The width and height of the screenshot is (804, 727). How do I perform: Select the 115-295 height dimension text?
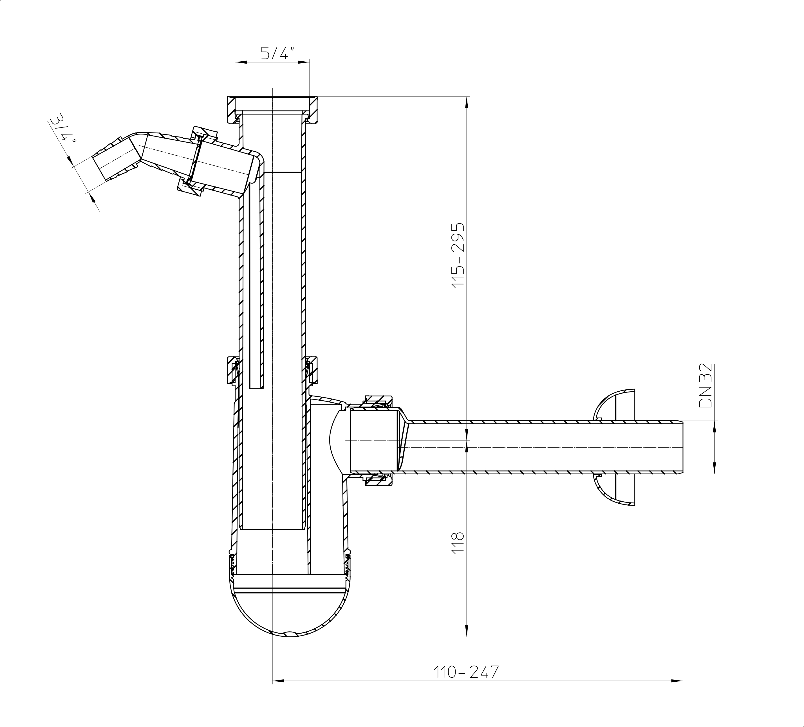click(458, 254)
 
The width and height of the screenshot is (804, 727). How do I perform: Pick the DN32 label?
click(706, 385)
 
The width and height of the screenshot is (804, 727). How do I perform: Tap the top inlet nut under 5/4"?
click(272, 110)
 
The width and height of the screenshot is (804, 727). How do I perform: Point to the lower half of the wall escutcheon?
click(614, 490)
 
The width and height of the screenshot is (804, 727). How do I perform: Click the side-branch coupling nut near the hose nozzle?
click(197, 161)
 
